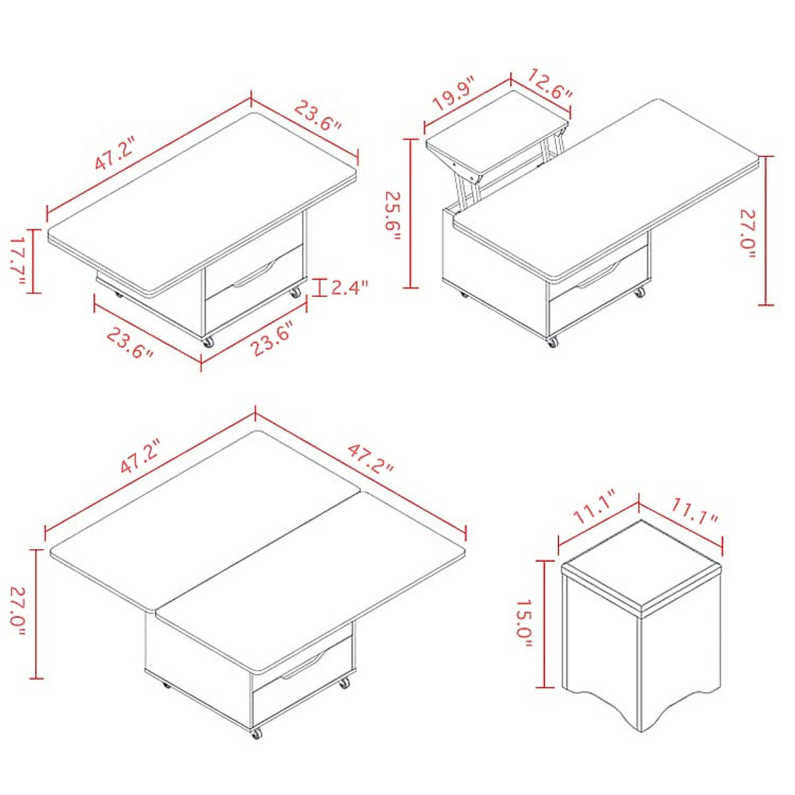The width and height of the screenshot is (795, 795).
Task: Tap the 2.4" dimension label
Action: pos(349,288)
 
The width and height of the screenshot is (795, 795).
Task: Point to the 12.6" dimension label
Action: pos(550,84)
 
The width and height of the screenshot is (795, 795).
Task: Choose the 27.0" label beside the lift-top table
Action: pos(748,235)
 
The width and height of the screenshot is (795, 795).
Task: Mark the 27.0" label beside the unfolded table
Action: pos(18,613)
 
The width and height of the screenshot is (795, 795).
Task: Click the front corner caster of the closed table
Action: pos(208,343)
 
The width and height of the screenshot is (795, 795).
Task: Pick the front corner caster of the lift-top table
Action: pos(551,343)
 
